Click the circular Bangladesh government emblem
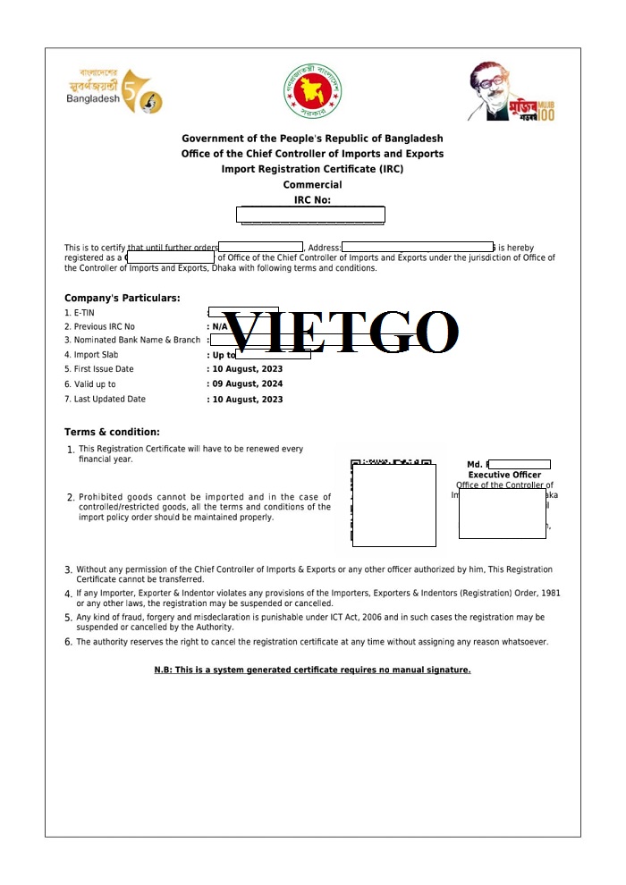(x=313, y=91)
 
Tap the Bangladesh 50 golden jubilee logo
(x=114, y=91)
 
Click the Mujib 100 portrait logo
(x=512, y=92)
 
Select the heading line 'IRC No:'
(x=312, y=200)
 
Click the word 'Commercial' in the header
(x=312, y=185)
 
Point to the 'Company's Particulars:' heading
(x=122, y=298)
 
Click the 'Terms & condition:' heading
(x=112, y=432)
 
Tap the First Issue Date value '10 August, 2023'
(x=246, y=369)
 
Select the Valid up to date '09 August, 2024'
(x=246, y=384)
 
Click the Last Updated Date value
(x=246, y=400)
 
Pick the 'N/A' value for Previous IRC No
(x=219, y=327)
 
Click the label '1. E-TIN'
(x=80, y=313)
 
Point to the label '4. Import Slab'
(x=91, y=355)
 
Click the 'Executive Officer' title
(x=504, y=475)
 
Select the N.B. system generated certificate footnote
(x=312, y=670)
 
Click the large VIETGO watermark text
(x=340, y=333)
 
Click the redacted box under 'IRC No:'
(x=310, y=215)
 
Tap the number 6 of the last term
(x=68, y=643)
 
